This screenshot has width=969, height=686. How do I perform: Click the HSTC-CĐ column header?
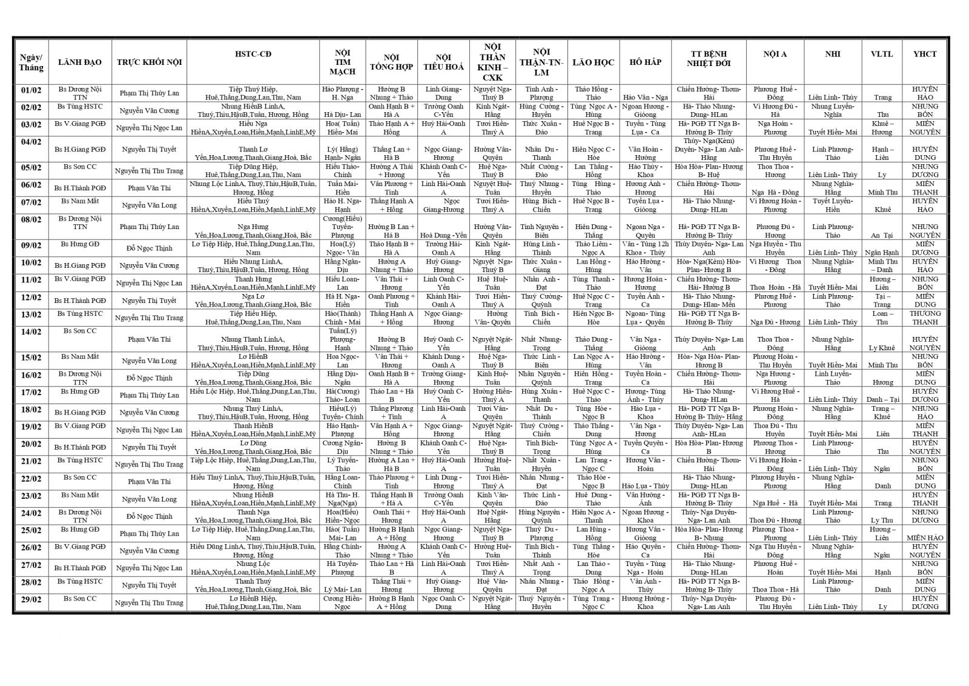(x=253, y=54)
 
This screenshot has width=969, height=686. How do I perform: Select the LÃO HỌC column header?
(x=593, y=62)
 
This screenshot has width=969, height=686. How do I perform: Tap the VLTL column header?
(x=881, y=54)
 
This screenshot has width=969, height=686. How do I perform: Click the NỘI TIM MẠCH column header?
(x=342, y=62)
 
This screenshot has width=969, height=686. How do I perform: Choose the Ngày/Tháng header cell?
(x=31, y=62)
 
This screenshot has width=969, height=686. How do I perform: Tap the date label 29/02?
(x=31, y=599)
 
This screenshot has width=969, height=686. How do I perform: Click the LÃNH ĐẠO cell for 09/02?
(x=80, y=244)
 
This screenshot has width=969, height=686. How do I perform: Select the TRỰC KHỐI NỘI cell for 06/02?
(x=149, y=188)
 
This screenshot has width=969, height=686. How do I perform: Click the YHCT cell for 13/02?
(x=925, y=318)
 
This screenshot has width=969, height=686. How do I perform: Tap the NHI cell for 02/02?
(x=832, y=110)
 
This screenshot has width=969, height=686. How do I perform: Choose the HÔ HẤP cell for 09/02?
(x=645, y=248)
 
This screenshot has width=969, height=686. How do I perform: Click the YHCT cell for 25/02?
(x=925, y=538)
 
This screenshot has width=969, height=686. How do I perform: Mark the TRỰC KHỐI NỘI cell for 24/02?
(x=149, y=516)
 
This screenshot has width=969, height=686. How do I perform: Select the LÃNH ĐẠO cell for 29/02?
(x=80, y=599)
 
